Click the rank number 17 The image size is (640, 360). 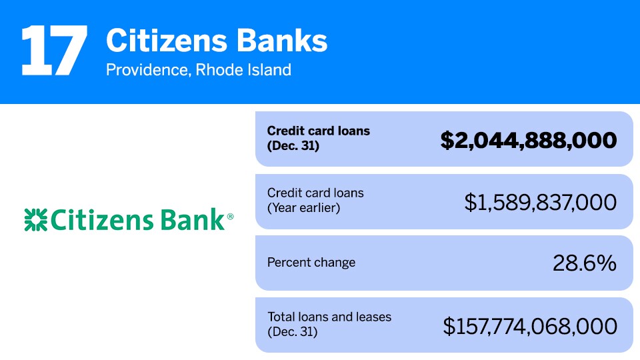point(54,51)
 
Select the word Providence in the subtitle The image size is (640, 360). point(147,69)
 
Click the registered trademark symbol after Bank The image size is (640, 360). point(231,217)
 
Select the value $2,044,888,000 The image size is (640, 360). point(528,140)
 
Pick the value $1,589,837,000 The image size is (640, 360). point(540,203)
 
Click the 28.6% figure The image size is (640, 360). point(584,263)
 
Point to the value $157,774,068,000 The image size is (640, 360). point(530,326)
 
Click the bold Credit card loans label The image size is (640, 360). point(319,131)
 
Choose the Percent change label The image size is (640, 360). point(311,262)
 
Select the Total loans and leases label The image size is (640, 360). point(329,317)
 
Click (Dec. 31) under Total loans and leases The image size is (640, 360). point(293,331)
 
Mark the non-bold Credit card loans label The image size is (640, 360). point(315,193)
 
